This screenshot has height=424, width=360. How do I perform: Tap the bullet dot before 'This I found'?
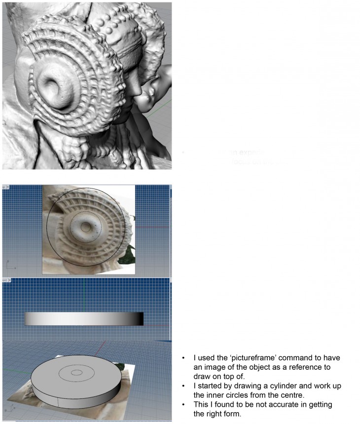click(183, 404)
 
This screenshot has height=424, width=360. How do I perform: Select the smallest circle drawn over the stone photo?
click(86, 227)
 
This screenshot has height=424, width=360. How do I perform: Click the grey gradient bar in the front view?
click(84, 319)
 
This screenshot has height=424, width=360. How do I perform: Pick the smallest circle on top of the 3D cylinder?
click(76, 373)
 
